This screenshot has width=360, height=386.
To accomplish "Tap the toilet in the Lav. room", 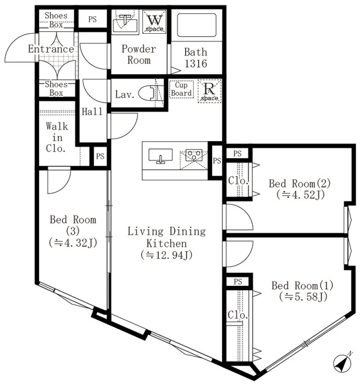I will pyautogui.click(x=148, y=94).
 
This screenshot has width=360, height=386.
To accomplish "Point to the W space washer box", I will pyautogui.click(x=154, y=22).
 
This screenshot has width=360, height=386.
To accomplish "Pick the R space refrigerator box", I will pyautogui.click(x=209, y=91).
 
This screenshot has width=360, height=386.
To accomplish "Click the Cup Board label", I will pyautogui.click(x=182, y=89).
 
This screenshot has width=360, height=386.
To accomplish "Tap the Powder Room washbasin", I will pyautogui.click(x=125, y=22).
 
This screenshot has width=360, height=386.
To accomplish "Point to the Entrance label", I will pyautogui.click(x=51, y=49).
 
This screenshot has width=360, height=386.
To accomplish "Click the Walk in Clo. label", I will pyautogui.click(x=57, y=137).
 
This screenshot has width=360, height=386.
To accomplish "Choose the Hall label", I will pyautogui.click(x=92, y=111).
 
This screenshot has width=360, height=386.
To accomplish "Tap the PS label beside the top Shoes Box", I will pyautogui.click(x=92, y=19).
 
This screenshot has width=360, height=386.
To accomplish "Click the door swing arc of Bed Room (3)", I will pyautogui.click(x=60, y=184).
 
